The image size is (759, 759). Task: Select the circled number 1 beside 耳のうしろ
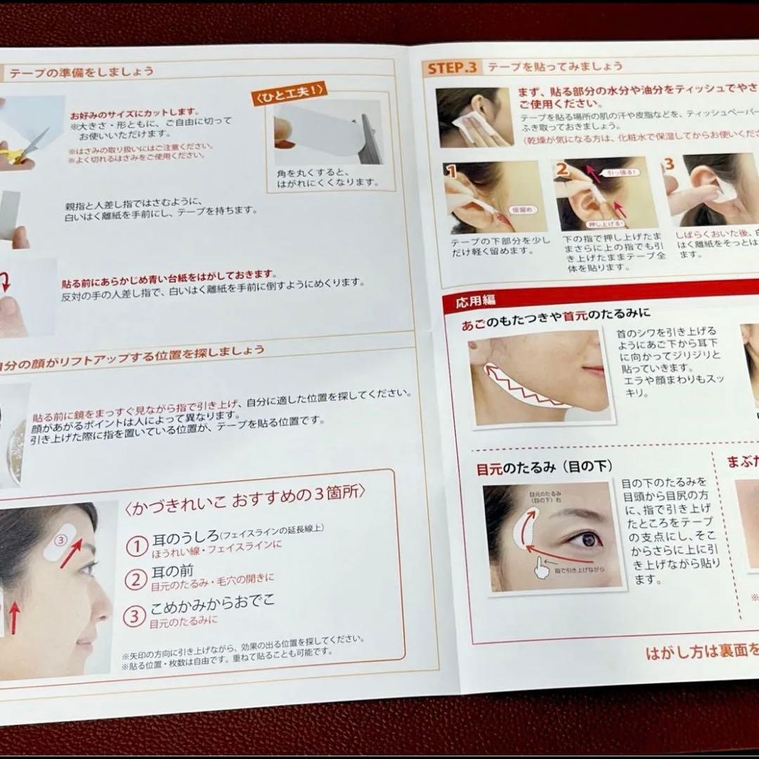point(136,545)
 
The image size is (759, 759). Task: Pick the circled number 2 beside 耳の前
point(135,580)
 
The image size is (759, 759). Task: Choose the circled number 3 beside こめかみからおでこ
point(134,616)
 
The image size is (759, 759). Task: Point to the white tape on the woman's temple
point(60,545)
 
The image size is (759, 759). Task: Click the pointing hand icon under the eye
point(541,569)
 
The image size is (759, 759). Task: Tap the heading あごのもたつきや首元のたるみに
point(555,314)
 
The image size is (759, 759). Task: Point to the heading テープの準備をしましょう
point(79,71)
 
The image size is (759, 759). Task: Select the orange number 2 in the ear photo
point(562,169)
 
